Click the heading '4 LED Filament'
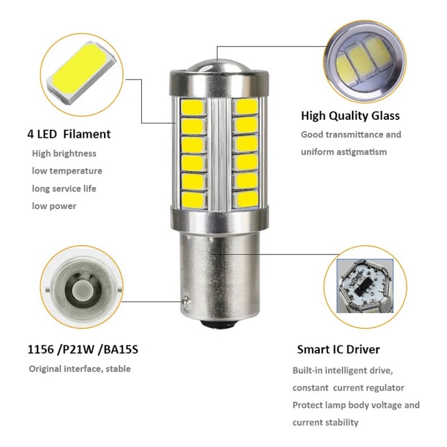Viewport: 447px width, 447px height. coord(69,134)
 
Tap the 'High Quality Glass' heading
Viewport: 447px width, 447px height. coord(350,116)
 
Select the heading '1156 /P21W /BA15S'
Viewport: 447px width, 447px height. coord(83,349)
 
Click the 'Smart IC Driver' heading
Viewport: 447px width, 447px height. coord(338,349)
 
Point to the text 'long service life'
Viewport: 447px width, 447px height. coord(64,188)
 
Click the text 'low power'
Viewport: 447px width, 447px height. coord(54,206)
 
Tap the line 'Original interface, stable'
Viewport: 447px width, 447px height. coord(80,368)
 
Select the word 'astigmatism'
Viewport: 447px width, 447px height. coord(362,152)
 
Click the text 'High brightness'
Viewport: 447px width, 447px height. coord(64,154)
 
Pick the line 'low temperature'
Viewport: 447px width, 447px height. coord(67,171)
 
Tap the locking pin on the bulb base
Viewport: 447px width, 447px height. coord(185,300)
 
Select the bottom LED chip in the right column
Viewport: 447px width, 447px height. coord(245,199)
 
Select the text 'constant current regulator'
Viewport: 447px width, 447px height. coord(348,388)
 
